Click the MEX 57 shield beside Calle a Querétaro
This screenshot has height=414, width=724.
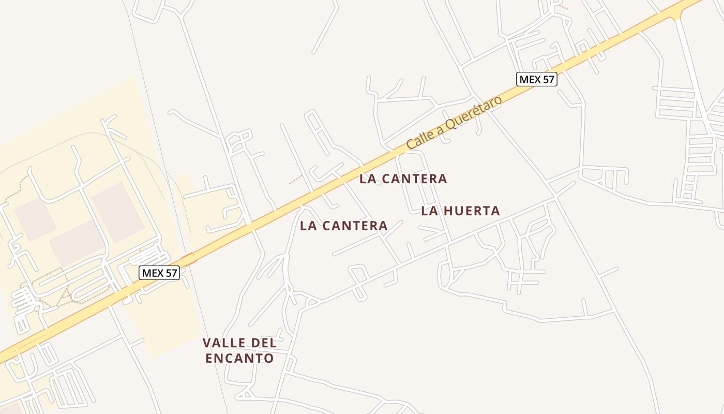[536, 79]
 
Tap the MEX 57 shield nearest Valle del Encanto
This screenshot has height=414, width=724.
[159, 273]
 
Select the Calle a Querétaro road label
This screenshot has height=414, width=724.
[454, 123]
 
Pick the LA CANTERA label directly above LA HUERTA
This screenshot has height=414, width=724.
[403, 179]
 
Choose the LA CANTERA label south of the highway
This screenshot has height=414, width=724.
[343, 226]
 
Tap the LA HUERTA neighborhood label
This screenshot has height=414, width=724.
[460, 211]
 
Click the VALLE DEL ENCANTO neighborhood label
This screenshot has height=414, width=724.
[239, 350]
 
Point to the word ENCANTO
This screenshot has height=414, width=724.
[239, 358]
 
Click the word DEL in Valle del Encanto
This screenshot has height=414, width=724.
[265, 343]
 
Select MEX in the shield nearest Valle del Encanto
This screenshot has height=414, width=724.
[153, 273]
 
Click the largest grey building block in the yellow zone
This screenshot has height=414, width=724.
[117, 212]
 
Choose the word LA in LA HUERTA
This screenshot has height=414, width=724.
[429, 211]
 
